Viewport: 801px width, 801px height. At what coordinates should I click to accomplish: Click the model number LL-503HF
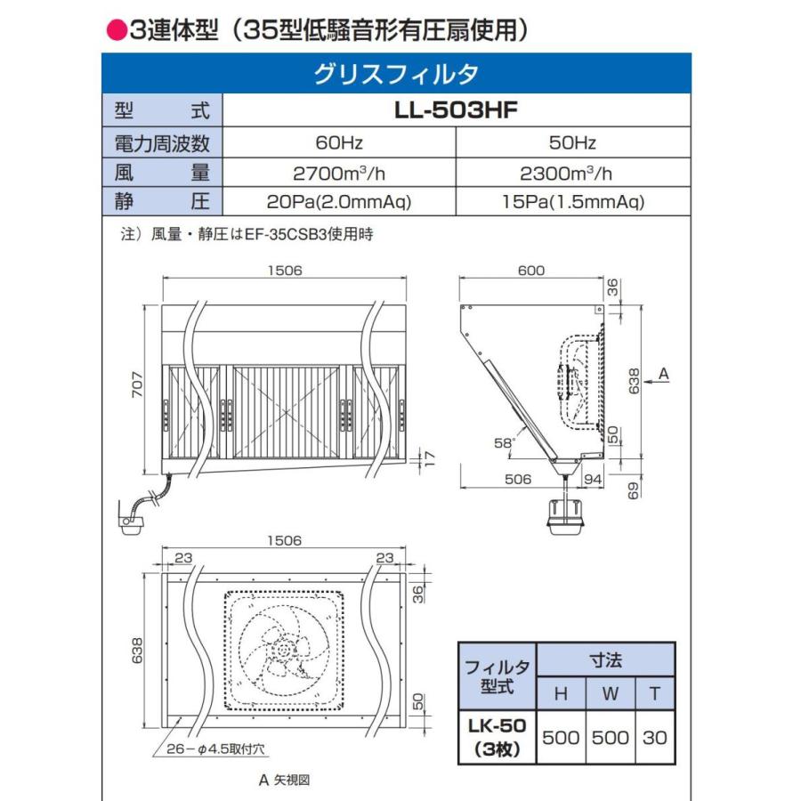point(456,111)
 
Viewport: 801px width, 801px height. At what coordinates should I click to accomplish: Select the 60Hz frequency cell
point(339,142)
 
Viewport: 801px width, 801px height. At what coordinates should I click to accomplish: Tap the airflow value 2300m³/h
point(571,172)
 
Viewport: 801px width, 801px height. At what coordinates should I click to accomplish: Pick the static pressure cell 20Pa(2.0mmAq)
point(339,202)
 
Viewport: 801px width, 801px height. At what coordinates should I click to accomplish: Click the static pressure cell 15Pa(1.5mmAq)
point(571,202)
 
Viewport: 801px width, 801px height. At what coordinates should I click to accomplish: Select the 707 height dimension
point(136,387)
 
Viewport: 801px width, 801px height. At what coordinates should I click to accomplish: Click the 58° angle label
point(504,441)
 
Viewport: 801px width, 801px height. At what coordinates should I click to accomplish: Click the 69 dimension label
point(633,489)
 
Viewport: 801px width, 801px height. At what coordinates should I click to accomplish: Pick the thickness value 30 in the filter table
point(654,737)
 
